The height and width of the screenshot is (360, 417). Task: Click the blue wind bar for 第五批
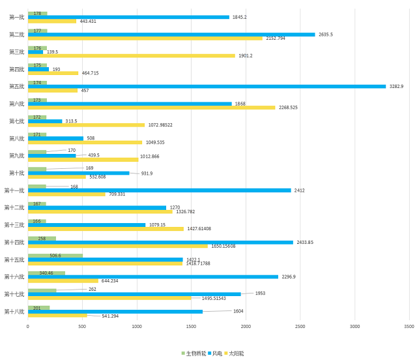(207, 86)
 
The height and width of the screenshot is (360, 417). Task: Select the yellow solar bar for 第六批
(151, 108)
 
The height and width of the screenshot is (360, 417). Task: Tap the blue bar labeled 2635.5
(171, 35)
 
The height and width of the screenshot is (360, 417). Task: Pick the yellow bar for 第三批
(131, 55)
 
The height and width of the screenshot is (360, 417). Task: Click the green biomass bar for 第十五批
(55, 256)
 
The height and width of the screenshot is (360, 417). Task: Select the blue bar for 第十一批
(159, 190)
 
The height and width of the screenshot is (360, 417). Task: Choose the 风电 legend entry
(214, 353)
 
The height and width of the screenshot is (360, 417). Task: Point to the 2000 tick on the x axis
(246, 326)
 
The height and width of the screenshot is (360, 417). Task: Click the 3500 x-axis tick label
(409, 326)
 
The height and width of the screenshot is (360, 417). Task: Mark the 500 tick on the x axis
(82, 326)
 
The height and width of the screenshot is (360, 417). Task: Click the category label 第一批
(16, 17)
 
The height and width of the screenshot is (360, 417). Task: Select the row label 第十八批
(14, 312)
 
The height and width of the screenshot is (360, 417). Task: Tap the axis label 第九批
(16, 156)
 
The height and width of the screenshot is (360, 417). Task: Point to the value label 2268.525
(288, 108)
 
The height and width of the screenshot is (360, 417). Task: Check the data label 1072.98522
(160, 125)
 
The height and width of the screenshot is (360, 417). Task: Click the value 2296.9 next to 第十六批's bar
(289, 277)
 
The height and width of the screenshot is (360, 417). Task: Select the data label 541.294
(110, 316)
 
